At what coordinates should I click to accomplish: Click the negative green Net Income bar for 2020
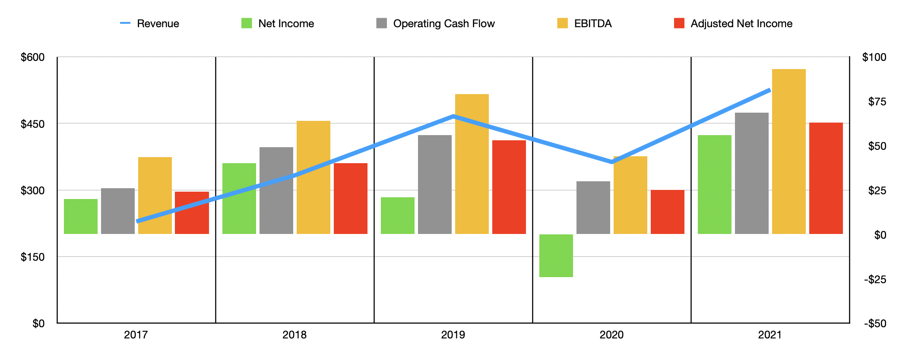tap(556, 256)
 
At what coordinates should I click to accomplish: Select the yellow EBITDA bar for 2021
tap(788, 152)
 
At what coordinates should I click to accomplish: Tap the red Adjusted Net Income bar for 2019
tap(509, 187)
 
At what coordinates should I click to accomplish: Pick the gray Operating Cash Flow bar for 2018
tap(276, 190)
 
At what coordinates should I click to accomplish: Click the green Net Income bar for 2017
tap(81, 216)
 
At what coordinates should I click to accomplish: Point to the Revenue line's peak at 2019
tap(453, 116)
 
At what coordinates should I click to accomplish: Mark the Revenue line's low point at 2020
tap(611, 162)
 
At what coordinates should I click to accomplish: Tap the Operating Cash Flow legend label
tap(443, 24)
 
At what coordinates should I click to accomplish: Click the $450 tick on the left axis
tap(32, 124)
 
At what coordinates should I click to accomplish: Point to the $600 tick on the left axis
tap(32, 57)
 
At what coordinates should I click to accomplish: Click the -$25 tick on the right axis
tap(875, 279)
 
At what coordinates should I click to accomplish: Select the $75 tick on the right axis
tap(877, 101)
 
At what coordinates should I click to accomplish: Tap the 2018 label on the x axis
tap(294, 335)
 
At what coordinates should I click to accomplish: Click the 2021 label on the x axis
tap(770, 335)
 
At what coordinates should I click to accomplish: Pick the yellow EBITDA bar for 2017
tap(155, 196)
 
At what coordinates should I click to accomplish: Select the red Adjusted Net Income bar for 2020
tap(667, 212)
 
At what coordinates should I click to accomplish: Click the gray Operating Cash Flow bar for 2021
tap(751, 173)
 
